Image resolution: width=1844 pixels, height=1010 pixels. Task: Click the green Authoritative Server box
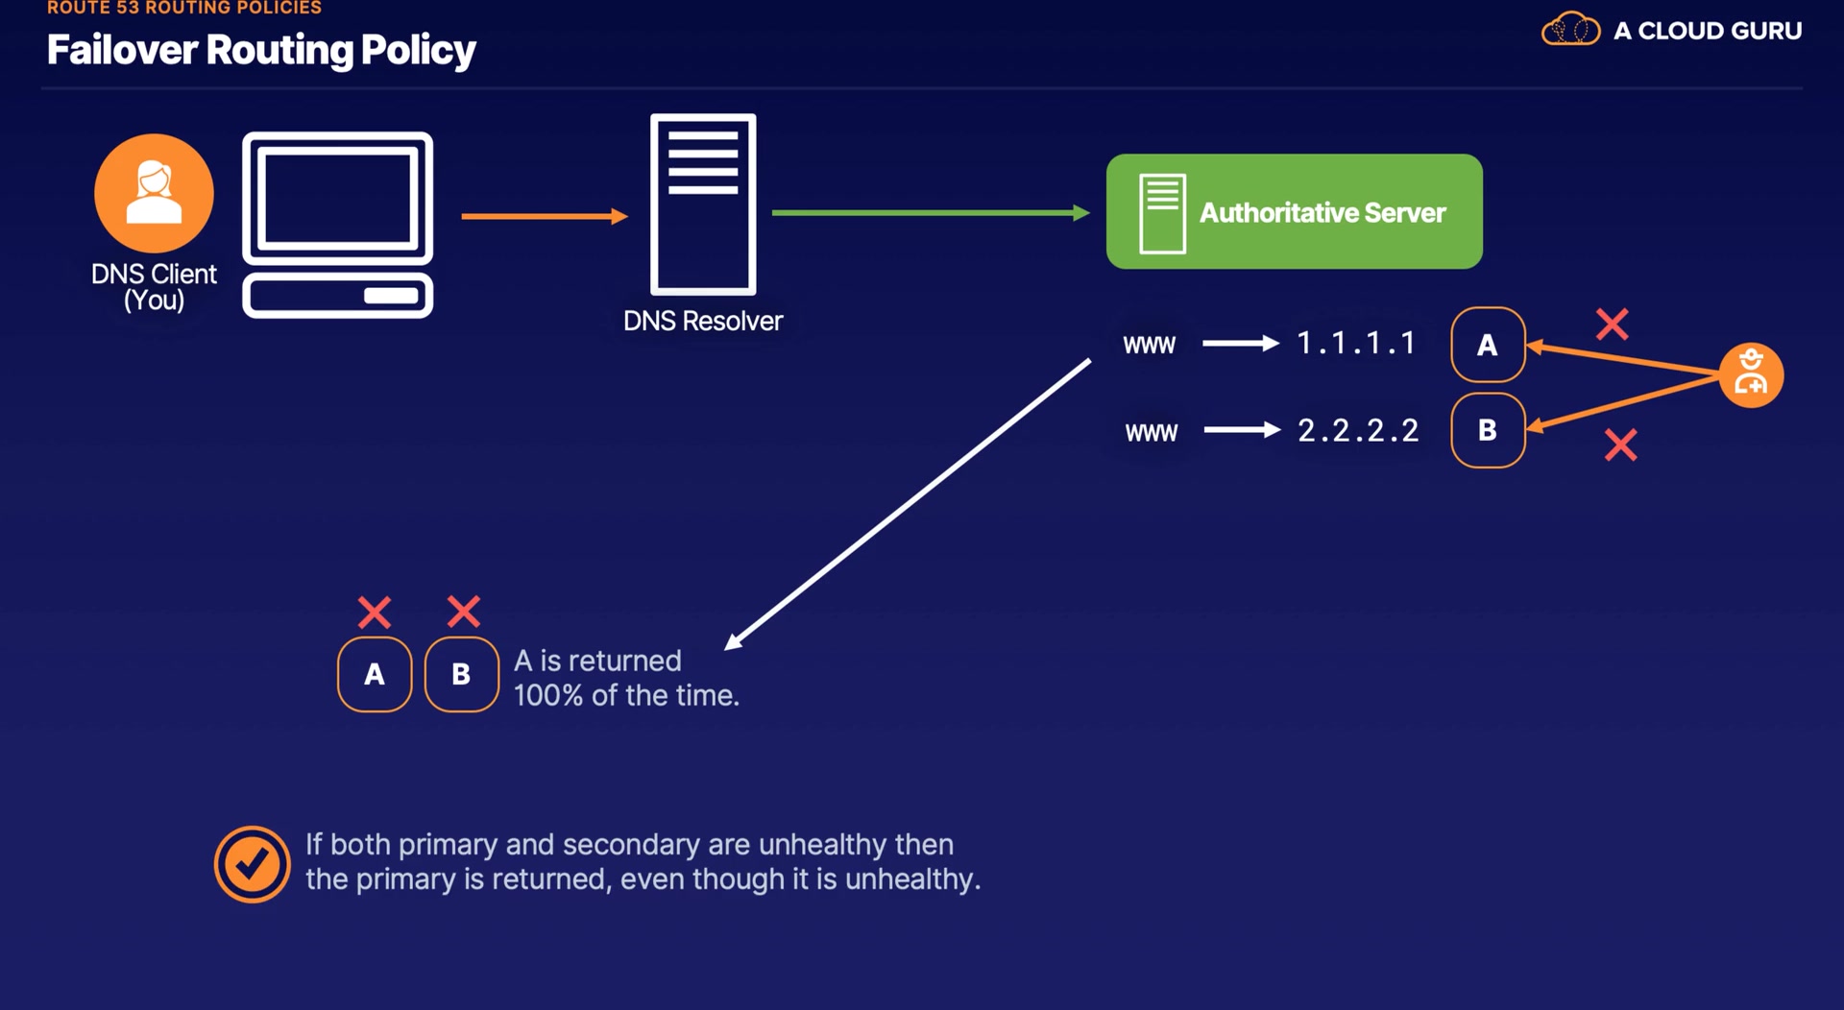tap(1294, 211)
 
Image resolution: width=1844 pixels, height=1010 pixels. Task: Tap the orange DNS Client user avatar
tap(154, 193)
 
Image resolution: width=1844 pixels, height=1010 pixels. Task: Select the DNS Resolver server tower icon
tap(703, 204)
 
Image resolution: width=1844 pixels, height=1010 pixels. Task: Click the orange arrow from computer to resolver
tap(544, 216)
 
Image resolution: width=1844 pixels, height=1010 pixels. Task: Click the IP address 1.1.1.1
tap(1356, 343)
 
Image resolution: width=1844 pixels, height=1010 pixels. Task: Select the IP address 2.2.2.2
tap(1358, 430)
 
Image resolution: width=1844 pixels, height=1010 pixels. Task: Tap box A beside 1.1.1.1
tap(1488, 345)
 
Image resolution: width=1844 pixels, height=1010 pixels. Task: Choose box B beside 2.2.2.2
tap(1488, 430)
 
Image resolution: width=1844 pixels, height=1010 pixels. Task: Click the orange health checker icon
tap(1751, 375)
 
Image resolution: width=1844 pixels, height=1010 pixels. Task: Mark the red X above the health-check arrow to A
tap(1613, 325)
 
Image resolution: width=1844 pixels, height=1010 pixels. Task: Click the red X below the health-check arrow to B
tap(1621, 445)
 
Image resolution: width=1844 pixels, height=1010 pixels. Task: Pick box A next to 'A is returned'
tap(375, 674)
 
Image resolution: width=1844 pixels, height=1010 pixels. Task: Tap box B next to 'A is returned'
tap(461, 674)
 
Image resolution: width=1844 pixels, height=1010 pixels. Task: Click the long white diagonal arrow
tap(908, 505)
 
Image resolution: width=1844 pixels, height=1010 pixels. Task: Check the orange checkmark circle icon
tap(252, 864)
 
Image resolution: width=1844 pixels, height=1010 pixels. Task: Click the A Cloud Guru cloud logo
tap(1570, 30)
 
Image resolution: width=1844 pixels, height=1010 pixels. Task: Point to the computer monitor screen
tap(337, 200)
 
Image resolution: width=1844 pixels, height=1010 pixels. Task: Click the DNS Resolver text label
tap(703, 321)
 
